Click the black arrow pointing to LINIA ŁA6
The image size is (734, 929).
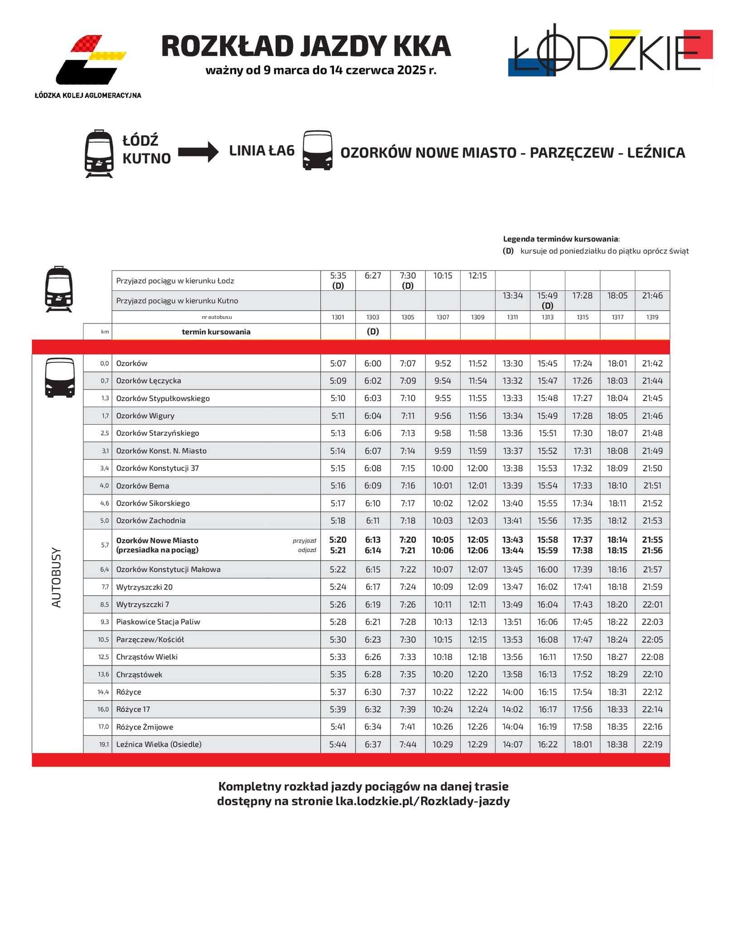(198, 152)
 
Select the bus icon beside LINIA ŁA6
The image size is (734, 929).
(317, 151)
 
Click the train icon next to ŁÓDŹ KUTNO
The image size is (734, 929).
(99, 153)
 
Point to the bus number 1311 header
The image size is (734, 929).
(512, 317)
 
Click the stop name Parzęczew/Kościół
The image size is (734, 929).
(150, 640)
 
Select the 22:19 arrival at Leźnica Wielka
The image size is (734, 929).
(652, 744)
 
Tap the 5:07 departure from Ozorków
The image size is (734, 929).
(338, 363)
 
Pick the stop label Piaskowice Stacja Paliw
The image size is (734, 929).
(158, 622)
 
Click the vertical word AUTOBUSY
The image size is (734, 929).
(56, 577)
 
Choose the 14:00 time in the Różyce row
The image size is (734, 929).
(512, 692)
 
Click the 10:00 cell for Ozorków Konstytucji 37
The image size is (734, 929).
(442, 468)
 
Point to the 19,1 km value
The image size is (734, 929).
(103, 744)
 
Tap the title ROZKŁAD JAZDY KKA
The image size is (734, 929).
(306, 46)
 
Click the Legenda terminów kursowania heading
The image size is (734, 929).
(561, 239)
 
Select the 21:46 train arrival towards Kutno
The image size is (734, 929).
(652, 296)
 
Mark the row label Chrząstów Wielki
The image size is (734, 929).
(147, 657)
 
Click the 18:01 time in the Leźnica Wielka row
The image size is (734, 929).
(582, 744)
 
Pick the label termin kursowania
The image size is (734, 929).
(216, 332)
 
